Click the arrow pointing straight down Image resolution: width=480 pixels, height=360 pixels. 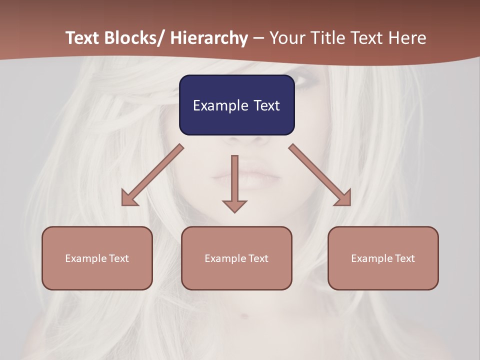(234, 182)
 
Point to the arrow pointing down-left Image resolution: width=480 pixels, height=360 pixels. (152, 175)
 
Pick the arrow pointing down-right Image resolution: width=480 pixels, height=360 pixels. (320, 175)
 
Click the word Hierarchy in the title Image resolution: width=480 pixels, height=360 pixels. (209, 38)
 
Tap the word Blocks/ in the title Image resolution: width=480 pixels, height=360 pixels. (136, 38)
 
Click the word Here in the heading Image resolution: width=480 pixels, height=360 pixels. (408, 38)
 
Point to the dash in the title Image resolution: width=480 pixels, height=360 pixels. (258, 38)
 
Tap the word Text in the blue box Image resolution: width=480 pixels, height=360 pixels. (266, 105)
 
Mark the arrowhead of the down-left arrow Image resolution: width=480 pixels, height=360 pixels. (129, 198)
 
